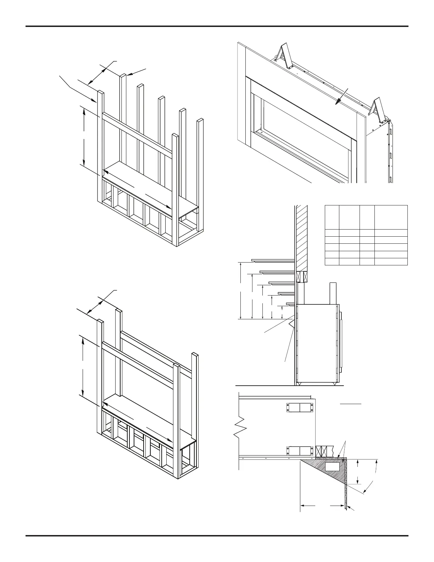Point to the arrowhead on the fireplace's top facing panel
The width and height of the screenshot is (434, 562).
coord(337,103)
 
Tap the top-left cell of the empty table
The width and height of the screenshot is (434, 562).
coord(332,217)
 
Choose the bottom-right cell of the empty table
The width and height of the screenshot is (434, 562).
coord(391,262)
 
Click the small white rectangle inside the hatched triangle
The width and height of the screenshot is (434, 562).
coord(332,467)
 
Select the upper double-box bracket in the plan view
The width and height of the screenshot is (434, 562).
coord(300,408)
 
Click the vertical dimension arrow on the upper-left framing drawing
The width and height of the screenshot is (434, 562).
coord(84,137)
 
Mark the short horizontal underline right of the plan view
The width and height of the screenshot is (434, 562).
coord(351,404)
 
